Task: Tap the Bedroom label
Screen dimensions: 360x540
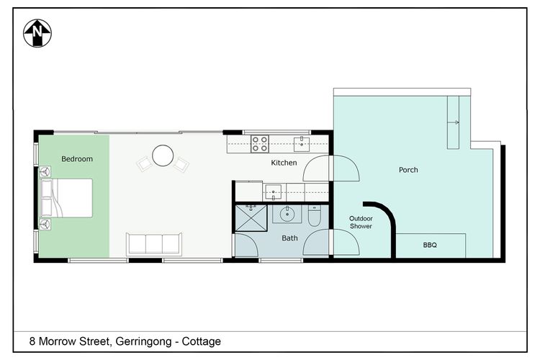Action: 76,159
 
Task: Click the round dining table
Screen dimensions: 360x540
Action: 163,156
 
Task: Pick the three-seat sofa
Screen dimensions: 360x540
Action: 154,243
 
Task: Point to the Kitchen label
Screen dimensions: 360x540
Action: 284,163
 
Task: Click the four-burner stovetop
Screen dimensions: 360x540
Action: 260,143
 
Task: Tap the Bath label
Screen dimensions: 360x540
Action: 289,238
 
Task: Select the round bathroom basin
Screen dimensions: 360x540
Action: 287,214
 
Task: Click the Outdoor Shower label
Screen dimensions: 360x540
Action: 361,222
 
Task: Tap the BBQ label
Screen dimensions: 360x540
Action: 430,246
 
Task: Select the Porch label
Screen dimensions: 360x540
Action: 408,170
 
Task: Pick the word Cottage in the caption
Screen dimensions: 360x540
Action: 201,341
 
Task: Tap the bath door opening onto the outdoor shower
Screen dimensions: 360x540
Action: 346,242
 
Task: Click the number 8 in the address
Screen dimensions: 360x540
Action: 32,341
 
